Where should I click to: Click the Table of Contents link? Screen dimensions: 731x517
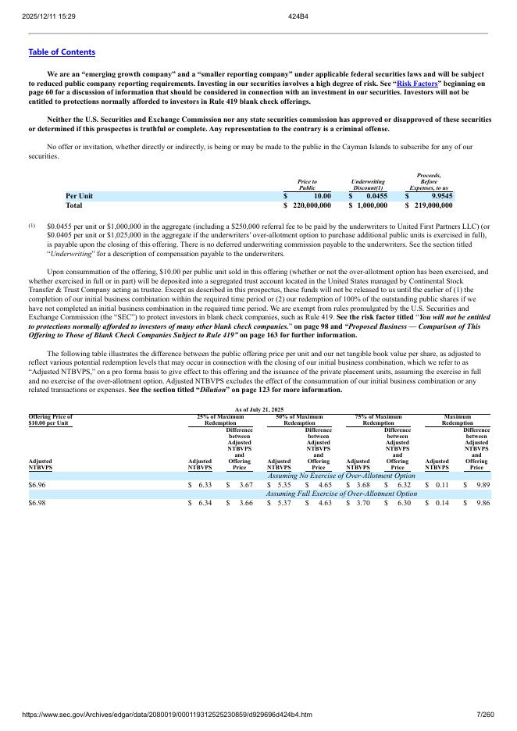pyautogui.click(x=62, y=52)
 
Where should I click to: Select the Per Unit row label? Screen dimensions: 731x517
pyautogui.click(x=79, y=196)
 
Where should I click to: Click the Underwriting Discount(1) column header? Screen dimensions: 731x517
pyautogui.click(x=367, y=184)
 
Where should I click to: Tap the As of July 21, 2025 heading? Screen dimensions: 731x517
pyautogui.click(x=258, y=410)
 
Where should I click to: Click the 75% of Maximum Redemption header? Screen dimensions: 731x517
pyautogui.click(x=378, y=420)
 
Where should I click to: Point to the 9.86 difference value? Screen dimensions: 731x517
pyautogui.click(x=482, y=504)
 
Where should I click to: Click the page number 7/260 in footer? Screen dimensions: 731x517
pyautogui.click(x=485, y=715)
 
